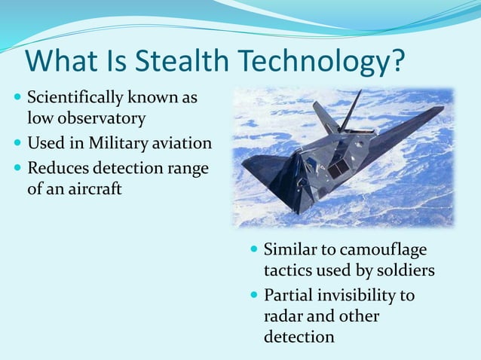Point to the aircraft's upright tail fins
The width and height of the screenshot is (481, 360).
(x=335, y=112)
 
